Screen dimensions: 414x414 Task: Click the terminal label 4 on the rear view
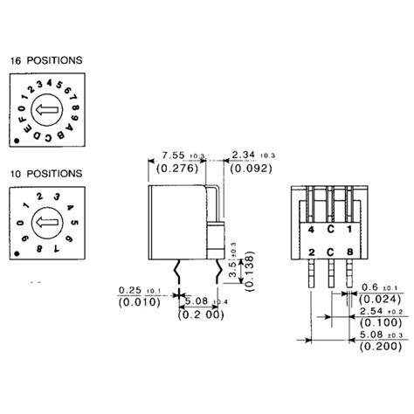(311, 231)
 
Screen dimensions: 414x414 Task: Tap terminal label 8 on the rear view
(350, 252)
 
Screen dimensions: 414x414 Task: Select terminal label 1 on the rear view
(350, 231)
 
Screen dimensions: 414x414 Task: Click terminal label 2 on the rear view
(311, 252)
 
